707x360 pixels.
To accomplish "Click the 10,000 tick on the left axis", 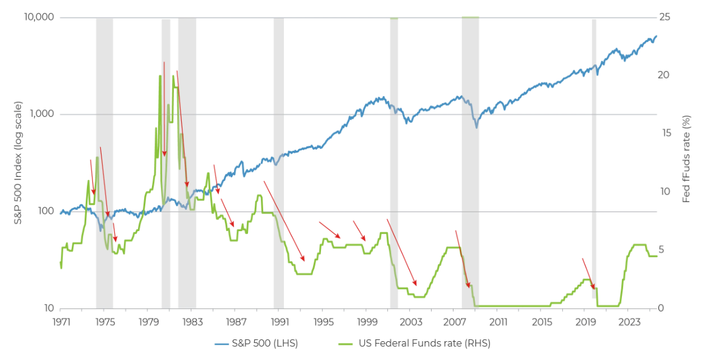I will click(39, 17).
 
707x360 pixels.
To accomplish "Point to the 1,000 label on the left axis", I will click(42, 114).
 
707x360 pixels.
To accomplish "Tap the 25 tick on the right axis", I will click(665, 17).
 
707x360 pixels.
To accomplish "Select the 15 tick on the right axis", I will click(665, 133).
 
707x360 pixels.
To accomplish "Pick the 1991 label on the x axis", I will click(279, 321).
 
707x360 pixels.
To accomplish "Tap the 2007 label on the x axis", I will click(454, 321).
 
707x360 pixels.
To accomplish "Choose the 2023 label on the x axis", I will click(629, 321).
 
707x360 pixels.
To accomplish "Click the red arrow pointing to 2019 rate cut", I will click(588, 273).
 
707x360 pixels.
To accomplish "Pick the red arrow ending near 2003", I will click(402, 252).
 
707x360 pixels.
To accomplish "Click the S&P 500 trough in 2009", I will click(477, 126).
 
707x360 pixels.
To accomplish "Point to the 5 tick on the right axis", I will click(663, 250).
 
